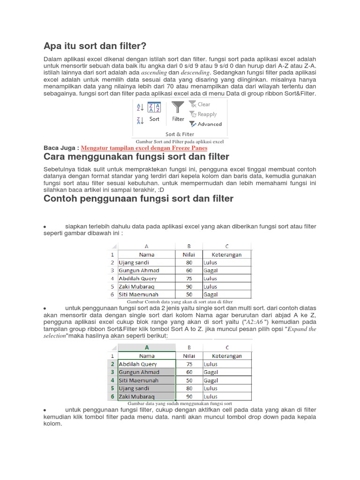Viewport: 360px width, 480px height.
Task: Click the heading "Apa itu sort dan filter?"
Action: [95, 46]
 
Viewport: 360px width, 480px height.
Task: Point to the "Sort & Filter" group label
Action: [180, 134]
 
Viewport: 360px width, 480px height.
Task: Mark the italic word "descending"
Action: [195, 73]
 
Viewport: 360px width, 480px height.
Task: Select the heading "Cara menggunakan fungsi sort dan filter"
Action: [136, 157]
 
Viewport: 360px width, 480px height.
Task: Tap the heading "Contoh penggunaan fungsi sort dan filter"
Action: [138, 199]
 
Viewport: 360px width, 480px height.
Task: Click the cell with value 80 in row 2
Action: [189, 262]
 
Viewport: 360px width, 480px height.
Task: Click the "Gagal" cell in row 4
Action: [211, 380]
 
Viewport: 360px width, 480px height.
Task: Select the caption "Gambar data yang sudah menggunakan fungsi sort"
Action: [180, 403]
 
